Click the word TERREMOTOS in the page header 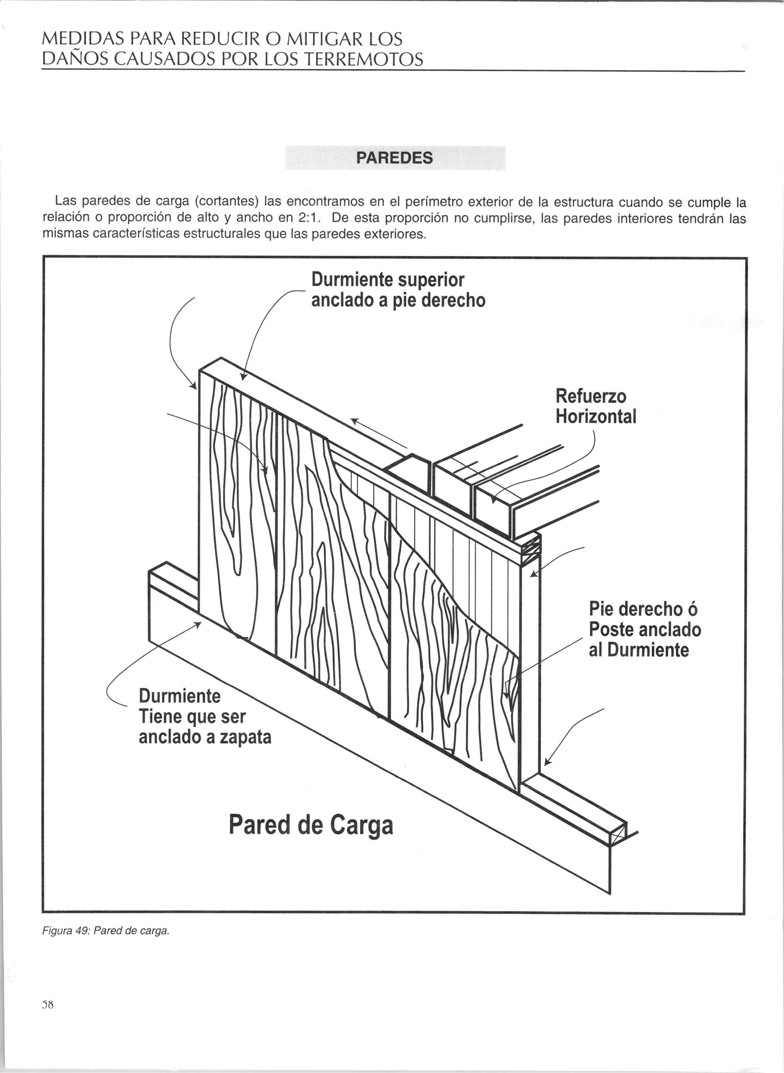pos(363,60)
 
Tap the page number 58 pos(48,1004)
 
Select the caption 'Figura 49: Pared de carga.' pos(106,931)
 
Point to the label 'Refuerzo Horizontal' pos(596,406)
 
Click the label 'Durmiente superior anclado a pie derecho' pos(398,290)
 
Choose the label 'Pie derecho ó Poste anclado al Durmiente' pos(644,629)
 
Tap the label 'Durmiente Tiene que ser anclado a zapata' pos(205,717)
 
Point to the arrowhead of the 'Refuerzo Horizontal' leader pos(494,500)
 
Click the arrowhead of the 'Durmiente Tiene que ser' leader pos(198,625)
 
